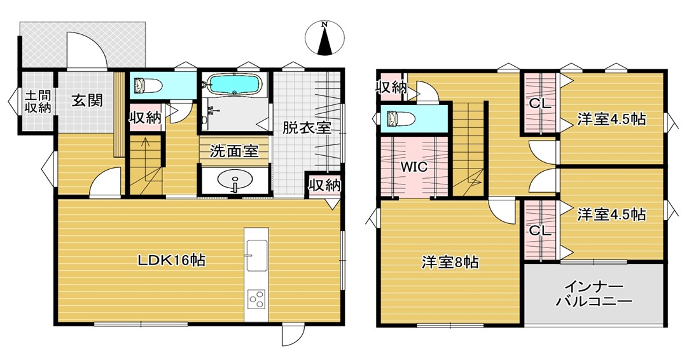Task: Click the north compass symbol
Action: (324, 39)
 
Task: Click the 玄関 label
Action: (87, 100)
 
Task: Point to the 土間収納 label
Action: (38, 102)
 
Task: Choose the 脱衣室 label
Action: (307, 127)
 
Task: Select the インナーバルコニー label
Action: (594, 294)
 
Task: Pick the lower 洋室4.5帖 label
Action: (611, 214)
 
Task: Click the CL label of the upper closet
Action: (539, 104)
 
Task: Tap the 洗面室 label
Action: (233, 151)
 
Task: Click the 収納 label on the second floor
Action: (391, 87)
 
